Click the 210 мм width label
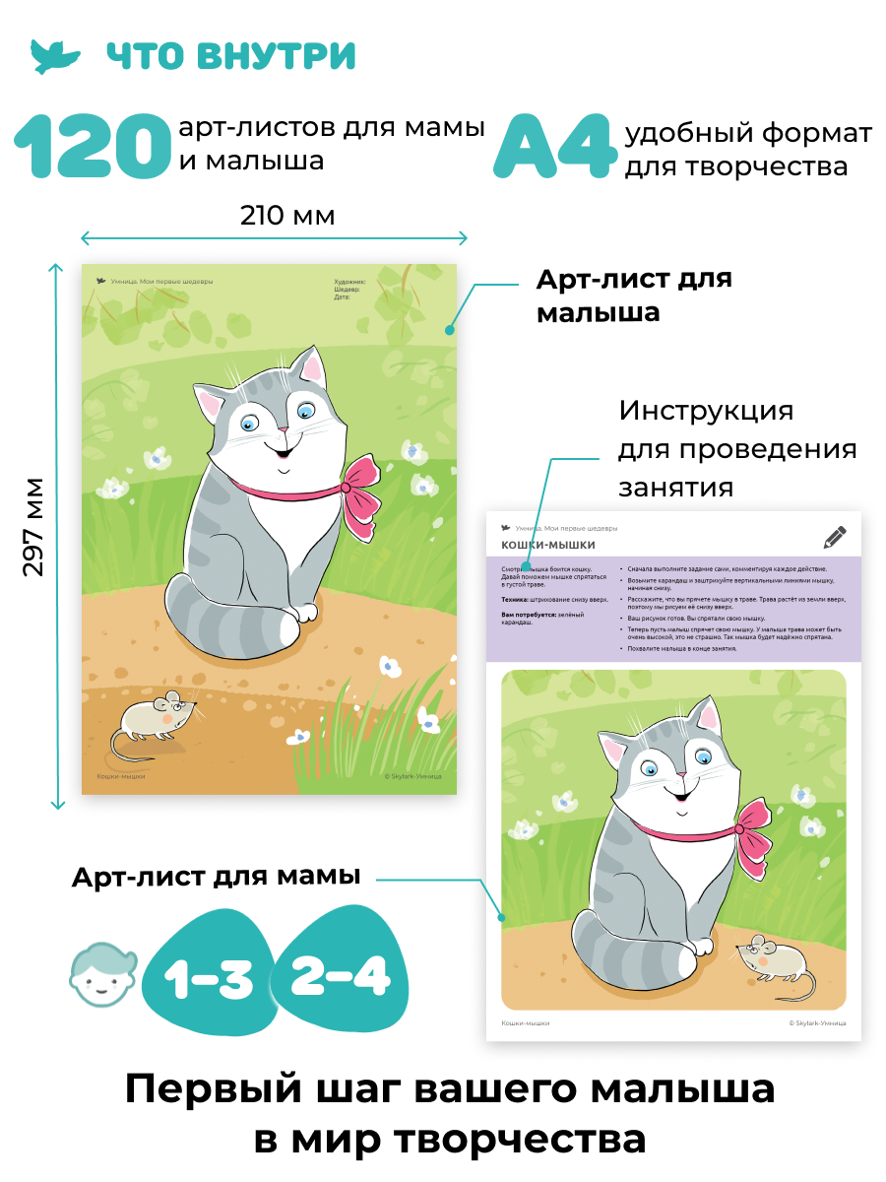coord(287,216)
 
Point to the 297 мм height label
coord(34,527)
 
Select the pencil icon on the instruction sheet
coord(835,537)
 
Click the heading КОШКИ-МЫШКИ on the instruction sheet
coord(548,545)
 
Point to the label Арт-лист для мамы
coord(216,877)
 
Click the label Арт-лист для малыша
coord(633,295)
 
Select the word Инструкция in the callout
coord(705,410)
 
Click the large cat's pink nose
coord(283,430)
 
